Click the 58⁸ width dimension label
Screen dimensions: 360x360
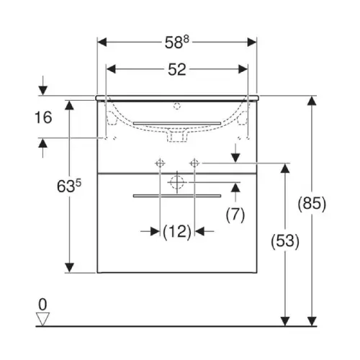177,42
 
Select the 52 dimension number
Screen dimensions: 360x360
177,70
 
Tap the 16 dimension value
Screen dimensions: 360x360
43,117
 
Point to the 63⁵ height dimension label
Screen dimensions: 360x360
69,186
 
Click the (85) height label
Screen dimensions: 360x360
312,204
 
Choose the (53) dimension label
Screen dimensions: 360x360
285,241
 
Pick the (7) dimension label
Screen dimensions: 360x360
235,215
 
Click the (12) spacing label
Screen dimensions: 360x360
177,232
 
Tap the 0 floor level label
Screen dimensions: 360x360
42,305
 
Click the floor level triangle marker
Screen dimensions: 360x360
42,319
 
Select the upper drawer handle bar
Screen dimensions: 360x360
177,123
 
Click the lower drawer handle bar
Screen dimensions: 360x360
177,196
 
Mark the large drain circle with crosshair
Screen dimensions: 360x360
177,182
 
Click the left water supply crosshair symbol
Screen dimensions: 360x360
160,163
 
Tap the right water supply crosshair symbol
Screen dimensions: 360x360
194,163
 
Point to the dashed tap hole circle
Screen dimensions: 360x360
177,106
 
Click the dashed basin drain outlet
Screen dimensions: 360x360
177,137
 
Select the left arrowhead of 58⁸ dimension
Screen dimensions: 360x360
102,42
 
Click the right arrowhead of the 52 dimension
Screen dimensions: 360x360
243,70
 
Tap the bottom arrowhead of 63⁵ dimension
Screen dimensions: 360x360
69,268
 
